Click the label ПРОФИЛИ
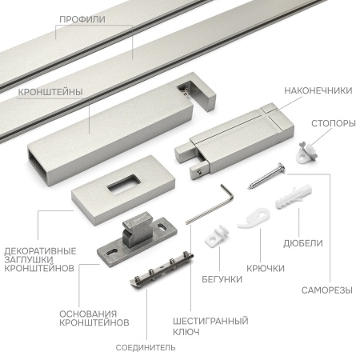pos(82,19)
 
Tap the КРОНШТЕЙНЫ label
pos(50,92)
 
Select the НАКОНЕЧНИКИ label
pos(318,90)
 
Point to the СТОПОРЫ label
pos(334,123)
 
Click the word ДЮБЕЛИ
pos(303,243)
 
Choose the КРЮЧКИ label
pos(266,268)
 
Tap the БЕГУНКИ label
pos(222,279)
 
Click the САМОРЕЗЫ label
pos(327,290)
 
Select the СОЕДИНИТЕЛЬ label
pos(146,347)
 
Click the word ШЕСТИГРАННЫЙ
pos(210,321)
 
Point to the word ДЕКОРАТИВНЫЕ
pos(40,251)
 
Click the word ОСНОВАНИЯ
pos(88,314)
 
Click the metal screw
pos(266,176)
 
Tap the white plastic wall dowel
pos(294,197)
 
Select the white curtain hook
pos(254,218)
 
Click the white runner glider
pos(217,235)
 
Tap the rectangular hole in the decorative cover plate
pos(124,184)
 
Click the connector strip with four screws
pos(162,270)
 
